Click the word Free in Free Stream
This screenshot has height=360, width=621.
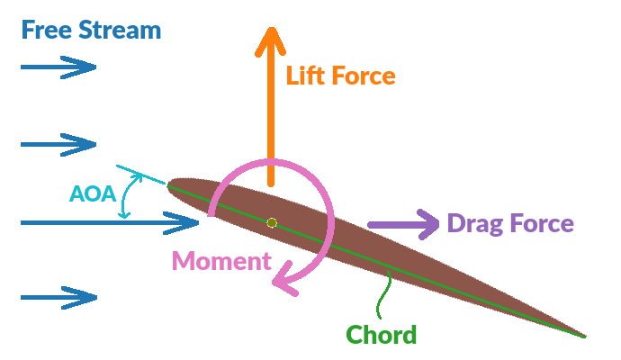46,30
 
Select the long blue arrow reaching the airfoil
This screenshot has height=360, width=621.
108,221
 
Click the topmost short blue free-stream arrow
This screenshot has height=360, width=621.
58,67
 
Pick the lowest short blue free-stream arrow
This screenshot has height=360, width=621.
58,297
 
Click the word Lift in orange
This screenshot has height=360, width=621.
306,76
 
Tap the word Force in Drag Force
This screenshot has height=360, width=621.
541,223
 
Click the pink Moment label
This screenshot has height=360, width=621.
221,262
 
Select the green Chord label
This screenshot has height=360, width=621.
382,336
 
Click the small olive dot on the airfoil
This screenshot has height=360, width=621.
272,222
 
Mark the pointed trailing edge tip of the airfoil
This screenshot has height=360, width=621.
585,337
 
